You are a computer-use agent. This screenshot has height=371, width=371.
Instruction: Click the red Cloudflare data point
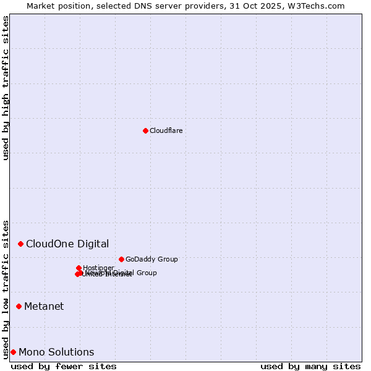pyautogui.click(x=145, y=130)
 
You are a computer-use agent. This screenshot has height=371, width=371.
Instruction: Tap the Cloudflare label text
pyautogui.click(x=166, y=130)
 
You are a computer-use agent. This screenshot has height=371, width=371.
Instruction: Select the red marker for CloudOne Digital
pyautogui.click(x=20, y=244)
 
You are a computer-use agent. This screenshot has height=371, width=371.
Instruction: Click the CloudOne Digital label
pyautogui.click(x=67, y=244)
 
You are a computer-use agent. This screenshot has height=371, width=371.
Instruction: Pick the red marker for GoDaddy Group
pyautogui.click(x=121, y=259)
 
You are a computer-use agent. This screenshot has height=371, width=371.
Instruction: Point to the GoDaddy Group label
pyautogui.click(x=151, y=259)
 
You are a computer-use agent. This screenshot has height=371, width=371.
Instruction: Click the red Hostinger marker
pyautogui.click(x=79, y=268)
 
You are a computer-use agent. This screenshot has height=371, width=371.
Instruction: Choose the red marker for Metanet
pyautogui.click(x=19, y=306)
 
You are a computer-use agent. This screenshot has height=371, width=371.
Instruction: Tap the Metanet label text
pyautogui.click(x=44, y=306)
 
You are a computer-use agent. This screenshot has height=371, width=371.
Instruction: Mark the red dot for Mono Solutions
pyautogui.click(x=13, y=352)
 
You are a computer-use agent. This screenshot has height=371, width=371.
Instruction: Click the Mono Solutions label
pyautogui.click(x=56, y=352)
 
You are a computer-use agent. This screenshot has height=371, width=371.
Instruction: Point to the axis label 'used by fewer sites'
pyautogui.click(x=64, y=366)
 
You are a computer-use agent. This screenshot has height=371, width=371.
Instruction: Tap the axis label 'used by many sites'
pyautogui.click(x=310, y=366)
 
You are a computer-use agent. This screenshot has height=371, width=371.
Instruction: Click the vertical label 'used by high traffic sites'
pyautogui.click(x=6, y=88)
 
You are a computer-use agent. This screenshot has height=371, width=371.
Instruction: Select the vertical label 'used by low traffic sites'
pyautogui.click(x=6, y=289)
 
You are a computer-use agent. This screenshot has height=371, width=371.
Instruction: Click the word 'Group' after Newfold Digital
pyautogui.click(x=146, y=273)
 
